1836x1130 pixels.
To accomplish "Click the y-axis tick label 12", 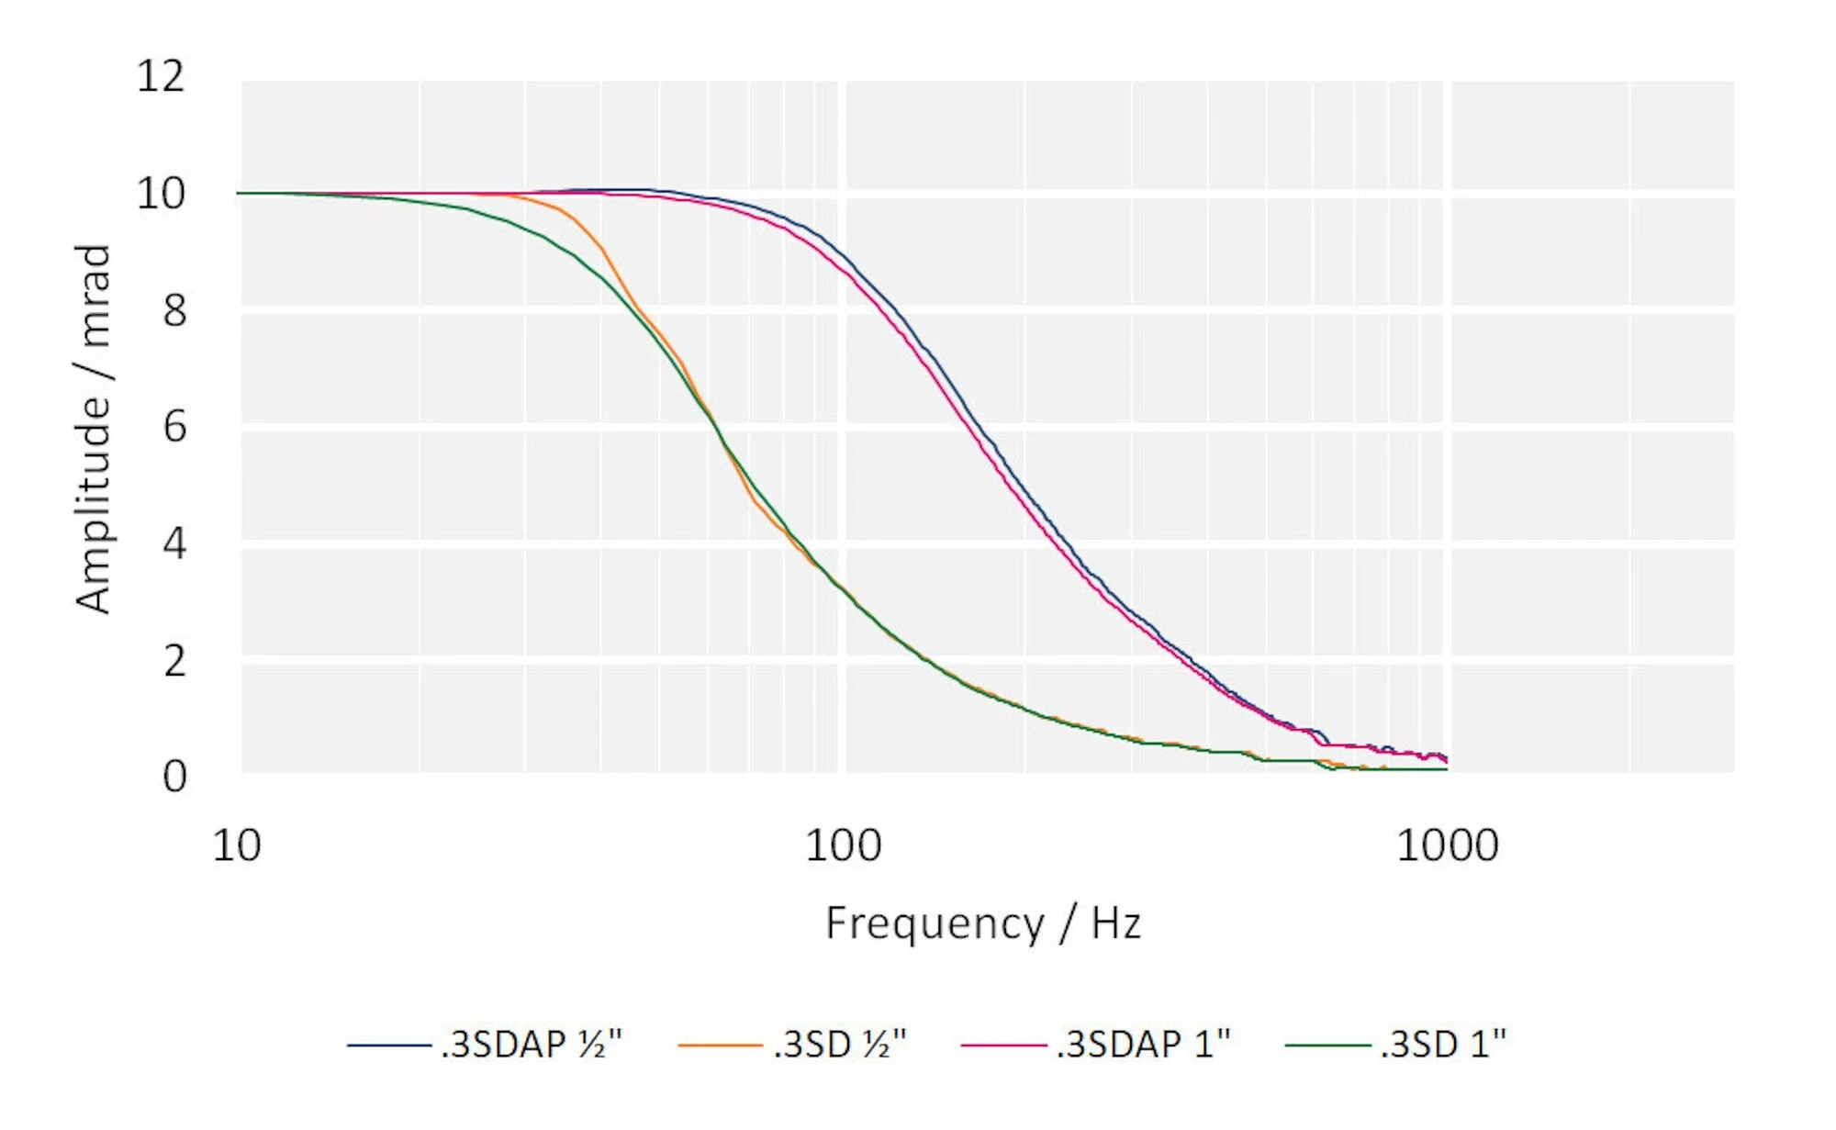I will [x=161, y=76].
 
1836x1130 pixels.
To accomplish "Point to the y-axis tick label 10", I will [x=161, y=194].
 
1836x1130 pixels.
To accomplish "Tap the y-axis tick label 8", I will [x=174, y=311].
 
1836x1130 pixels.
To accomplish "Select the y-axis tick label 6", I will [x=174, y=428].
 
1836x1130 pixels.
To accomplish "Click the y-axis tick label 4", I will [x=174, y=544].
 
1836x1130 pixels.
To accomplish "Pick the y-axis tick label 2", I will [x=174, y=661].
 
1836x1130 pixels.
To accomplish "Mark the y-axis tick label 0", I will [x=174, y=777].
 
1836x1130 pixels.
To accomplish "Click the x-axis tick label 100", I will [x=843, y=845].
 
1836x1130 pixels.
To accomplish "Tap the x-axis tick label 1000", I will [x=1447, y=845].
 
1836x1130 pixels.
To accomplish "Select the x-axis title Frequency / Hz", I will [x=982, y=923].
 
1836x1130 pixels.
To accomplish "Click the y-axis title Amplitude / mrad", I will [x=93, y=429].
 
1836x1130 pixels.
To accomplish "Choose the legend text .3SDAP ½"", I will [x=531, y=1045].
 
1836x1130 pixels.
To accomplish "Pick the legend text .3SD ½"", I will [x=839, y=1045].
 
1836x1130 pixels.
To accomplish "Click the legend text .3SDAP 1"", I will [x=1143, y=1045].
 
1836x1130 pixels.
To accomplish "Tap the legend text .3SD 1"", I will [x=1442, y=1045].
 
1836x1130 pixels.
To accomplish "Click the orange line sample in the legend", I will [x=720, y=1046].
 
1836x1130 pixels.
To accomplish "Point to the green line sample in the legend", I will [x=1327, y=1046].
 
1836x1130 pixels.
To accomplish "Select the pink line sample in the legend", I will [x=1003, y=1046].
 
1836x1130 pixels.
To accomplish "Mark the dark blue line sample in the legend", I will [x=389, y=1046].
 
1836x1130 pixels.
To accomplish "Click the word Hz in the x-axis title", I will [x=1115, y=923].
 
